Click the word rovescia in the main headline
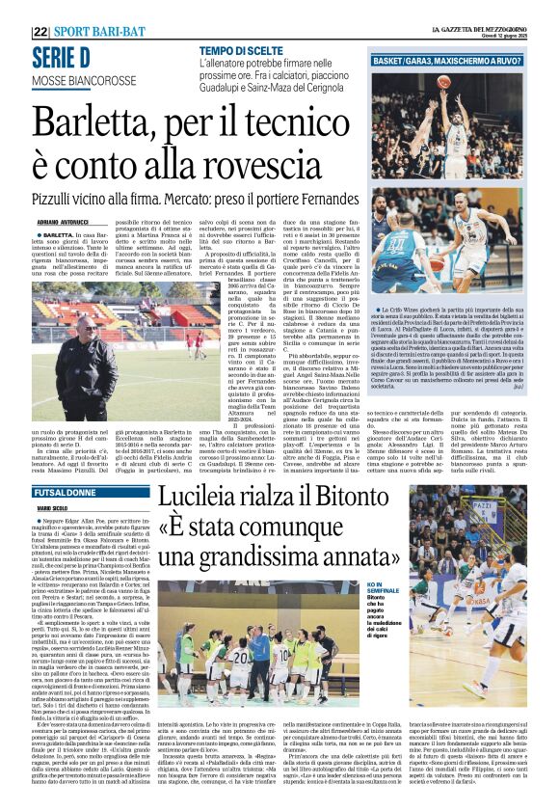[280, 172]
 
